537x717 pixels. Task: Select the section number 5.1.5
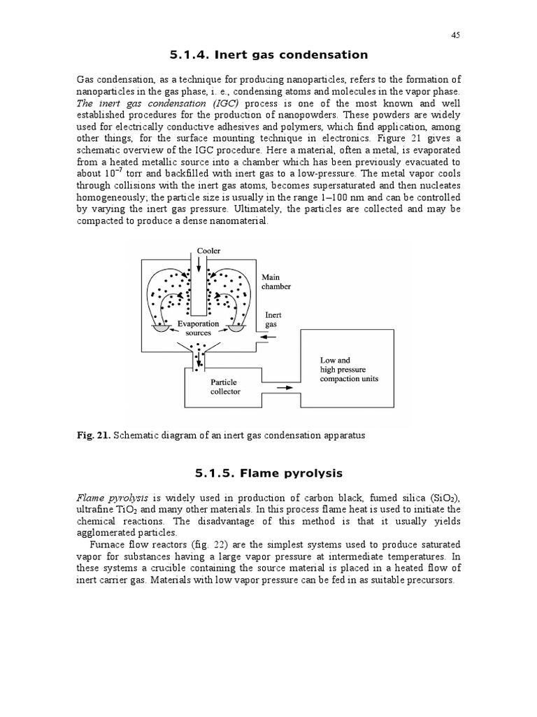(x=189, y=473)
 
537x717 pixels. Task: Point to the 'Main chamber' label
(x=276, y=281)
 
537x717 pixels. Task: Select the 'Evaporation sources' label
(x=198, y=328)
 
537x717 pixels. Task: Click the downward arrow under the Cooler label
(x=199, y=265)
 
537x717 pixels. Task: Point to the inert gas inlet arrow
(x=272, y=338)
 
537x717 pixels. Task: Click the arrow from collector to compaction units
(x=285, y=387)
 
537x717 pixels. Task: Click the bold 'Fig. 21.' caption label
(x=93, y=435)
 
